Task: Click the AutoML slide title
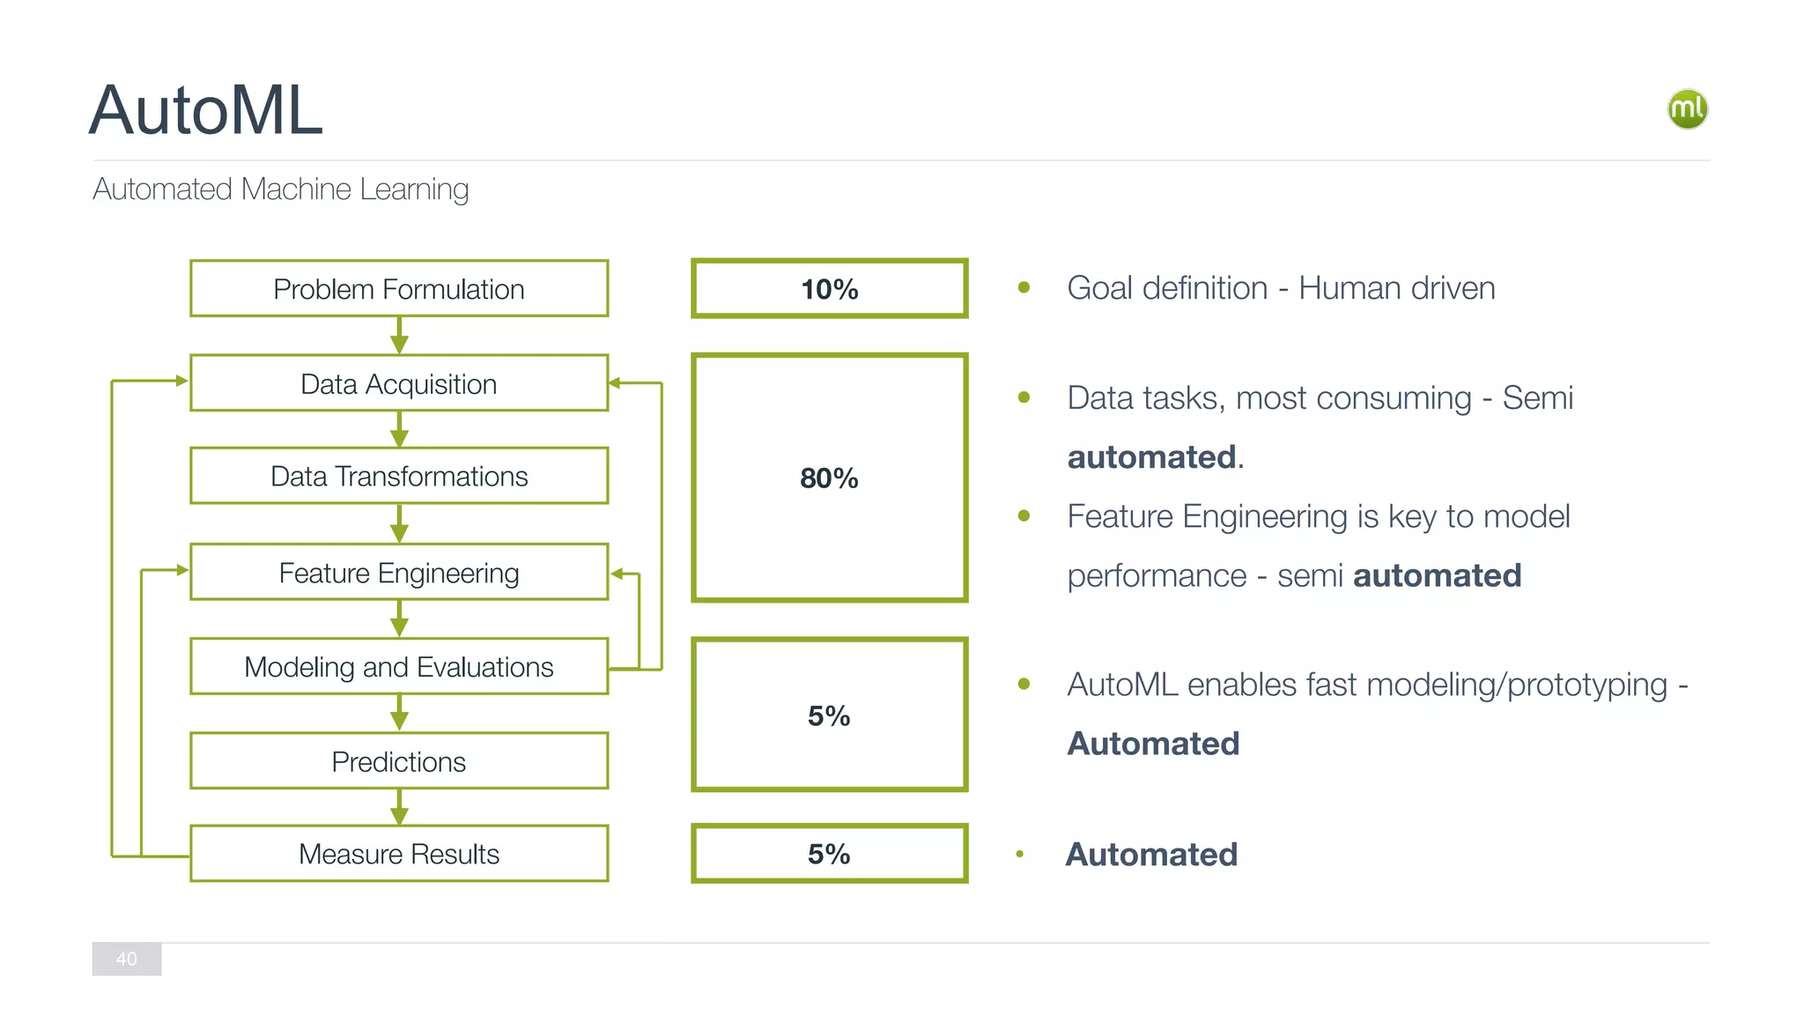click(x=206, y=111)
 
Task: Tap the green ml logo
click(x=1687, y=109)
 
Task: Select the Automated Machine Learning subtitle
click(x=280, y=189)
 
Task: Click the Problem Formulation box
click(x=398, y=289)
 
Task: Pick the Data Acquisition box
click(x=398, y=384)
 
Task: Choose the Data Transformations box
click(x=398, y=477)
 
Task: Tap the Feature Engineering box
click(x=398, y=574)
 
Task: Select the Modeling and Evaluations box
click(x=398, y=667)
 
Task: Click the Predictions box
click(x=398, y=761)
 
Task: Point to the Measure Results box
click(x=398, y=854)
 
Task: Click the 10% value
click(x=829, y=289)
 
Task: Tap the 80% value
click(x=829, y=478)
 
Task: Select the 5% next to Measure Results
click(x=829, y=854)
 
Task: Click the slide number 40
click(x=127, y=959)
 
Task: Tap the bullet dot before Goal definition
click(x=1024, y=287)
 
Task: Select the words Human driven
click(x=1396, y=288)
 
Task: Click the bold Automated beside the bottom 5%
click(x=1151, y=855)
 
